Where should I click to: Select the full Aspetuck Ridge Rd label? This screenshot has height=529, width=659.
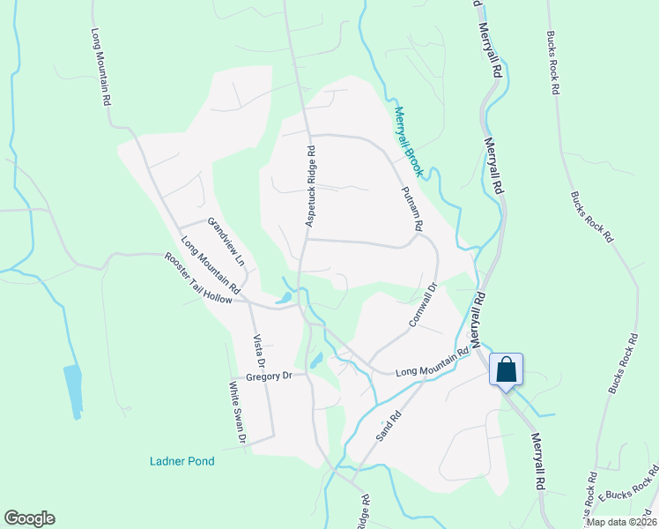tap(309, 186)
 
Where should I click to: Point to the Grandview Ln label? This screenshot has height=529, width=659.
tap(226, 242)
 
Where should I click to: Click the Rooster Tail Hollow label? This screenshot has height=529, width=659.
tap(198, 278)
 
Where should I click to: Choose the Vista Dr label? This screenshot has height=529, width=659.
tap(259, 350)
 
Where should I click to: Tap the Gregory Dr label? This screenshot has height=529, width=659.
tap(268, 376)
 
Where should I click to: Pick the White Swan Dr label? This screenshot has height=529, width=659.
tap(235, 412)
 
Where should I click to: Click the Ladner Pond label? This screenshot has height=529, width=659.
tap(182, 461)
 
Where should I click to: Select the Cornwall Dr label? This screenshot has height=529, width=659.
tap(423, 305)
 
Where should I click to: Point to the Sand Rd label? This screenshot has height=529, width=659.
tap(389, 425)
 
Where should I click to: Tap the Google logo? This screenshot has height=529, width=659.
tap(29, 518)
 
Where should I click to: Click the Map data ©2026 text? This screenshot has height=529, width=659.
tap(620, 522)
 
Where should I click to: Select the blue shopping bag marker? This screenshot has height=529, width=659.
tap(507, 369)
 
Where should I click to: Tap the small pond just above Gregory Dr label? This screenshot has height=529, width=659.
tap(316, 359)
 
